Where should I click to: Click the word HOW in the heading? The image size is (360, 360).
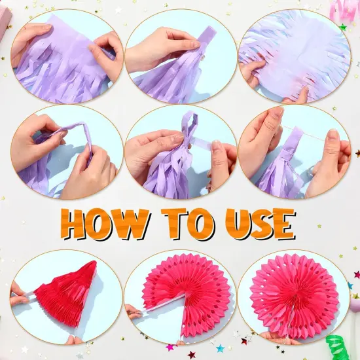coord(105,224)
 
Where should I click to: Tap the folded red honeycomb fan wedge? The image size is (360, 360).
coord(67,294)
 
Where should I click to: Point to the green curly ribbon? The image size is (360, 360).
coord(338,348)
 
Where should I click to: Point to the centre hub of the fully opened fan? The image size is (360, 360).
coord(294,297)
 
